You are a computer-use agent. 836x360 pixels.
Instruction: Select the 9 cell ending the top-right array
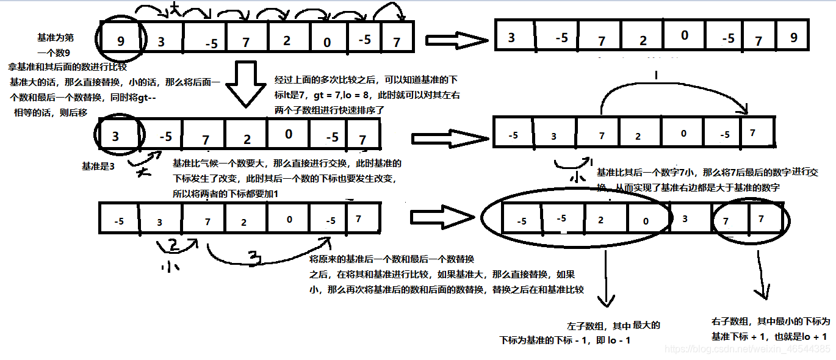793,38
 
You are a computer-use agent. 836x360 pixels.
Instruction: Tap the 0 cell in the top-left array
327,41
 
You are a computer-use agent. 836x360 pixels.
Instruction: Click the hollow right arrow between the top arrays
456,40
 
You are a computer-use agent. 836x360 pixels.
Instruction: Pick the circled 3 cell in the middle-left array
115,136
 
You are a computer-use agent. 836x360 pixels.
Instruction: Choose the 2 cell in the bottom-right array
601,220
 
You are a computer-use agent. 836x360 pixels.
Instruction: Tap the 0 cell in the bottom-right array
646,220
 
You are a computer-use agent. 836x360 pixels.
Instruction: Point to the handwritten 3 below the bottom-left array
257,259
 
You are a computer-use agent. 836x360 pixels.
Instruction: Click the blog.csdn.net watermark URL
747,349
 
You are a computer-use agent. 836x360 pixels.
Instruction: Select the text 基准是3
98,166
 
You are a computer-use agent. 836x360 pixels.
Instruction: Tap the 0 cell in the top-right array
684,36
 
